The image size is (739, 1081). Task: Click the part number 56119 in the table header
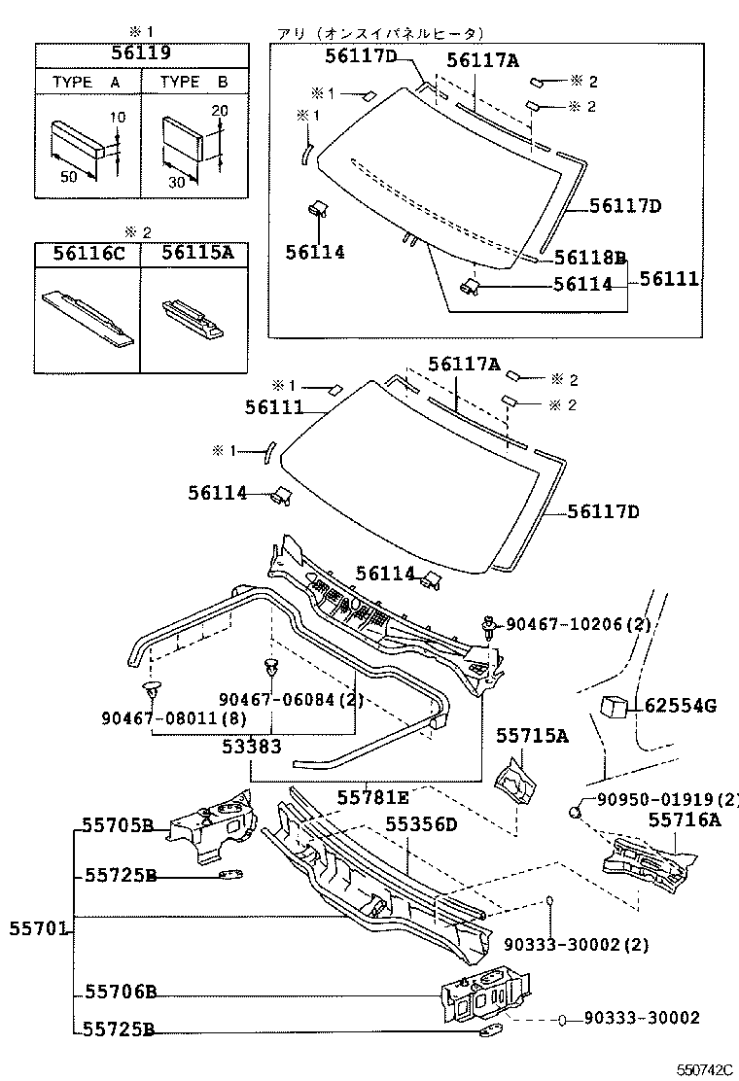[x=141, y=53]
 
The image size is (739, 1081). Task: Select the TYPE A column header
[x=87, y=82]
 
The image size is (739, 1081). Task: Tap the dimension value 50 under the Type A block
[x=68, y=177]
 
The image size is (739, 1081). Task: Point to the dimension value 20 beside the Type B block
[x=219, y=110]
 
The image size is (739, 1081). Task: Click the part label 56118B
[x=590, y=258]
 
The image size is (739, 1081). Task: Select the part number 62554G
[x=681, y=705]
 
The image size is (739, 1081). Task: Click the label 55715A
[x=532, y=736]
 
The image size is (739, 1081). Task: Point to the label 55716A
[x=684, y=819]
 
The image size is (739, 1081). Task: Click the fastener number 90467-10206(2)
[x=579, y=624]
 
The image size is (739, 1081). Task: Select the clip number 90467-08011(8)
[x=174, y=717]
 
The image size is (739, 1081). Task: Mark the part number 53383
[x=252, y=746]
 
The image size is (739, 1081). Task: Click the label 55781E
[x=373, y=798]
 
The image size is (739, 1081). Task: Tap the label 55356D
[x=421, y=823]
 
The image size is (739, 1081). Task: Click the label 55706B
[x=120, y=992]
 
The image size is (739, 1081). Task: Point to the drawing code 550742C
[x=704, y=1069]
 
